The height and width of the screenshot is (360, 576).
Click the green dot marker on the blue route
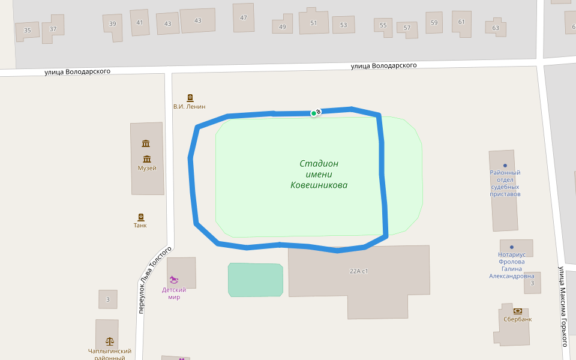314,113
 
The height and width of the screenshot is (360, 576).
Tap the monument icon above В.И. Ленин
190,98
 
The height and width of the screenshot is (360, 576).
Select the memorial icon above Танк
141,217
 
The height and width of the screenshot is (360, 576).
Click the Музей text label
147,168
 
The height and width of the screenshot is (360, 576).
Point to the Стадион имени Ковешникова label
319,175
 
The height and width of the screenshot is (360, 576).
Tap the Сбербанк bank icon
518,311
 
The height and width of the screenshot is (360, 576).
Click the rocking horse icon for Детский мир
174,280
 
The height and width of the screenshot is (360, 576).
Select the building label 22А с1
359,271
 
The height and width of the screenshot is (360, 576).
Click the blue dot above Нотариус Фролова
511,247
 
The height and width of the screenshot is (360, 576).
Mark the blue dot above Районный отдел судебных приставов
505,166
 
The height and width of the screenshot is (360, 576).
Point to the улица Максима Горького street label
563,305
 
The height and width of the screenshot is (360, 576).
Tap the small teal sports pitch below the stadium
256,280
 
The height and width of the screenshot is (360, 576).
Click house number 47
244,18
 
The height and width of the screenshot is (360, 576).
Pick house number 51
313,23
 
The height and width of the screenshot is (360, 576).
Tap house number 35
27,31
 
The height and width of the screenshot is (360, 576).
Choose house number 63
496,28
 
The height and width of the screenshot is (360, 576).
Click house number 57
407,28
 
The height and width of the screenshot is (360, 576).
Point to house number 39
113,24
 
